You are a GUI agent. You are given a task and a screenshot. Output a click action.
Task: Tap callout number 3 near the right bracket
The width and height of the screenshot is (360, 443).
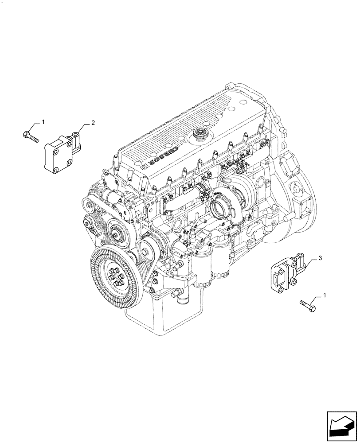[x=320, y=257]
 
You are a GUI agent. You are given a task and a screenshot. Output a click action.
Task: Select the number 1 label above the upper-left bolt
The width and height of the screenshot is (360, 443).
[x=43, y=121]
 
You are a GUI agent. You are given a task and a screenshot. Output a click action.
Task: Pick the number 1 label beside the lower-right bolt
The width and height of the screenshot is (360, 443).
[x=326, y=295]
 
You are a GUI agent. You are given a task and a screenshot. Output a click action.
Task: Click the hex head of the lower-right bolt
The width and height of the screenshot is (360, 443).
[x=313, y=307]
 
